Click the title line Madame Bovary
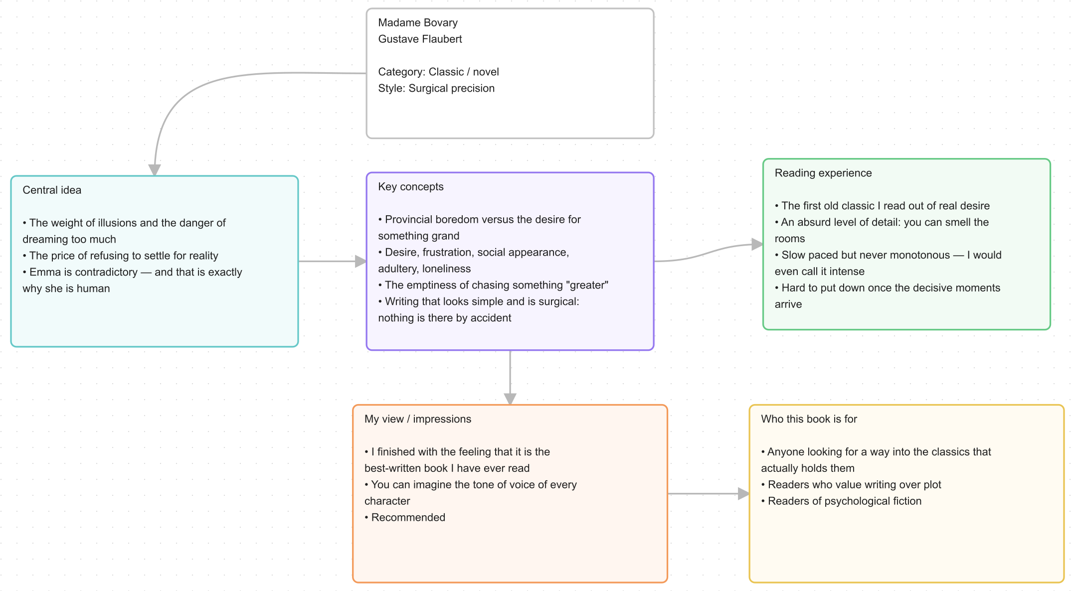coord(418,22)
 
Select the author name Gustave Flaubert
coord(420,39)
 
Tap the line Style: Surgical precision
coord(436,88)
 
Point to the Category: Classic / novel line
coord(438,72)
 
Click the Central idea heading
coord(52,190)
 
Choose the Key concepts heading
coord(411,186)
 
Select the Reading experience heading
coord(823,173)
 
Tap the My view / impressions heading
coord(418,419)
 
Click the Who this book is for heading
coord(809,419)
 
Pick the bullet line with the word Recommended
coord(405,517)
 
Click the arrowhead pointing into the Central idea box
coord(155,170)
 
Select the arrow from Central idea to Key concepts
coord(333,261)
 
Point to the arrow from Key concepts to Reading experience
coord(709,252)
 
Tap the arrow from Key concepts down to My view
coord(510,378)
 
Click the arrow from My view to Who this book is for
coord(709,494)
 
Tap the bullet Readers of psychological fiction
coord(841,501)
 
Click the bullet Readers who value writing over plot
coord(851,484)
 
